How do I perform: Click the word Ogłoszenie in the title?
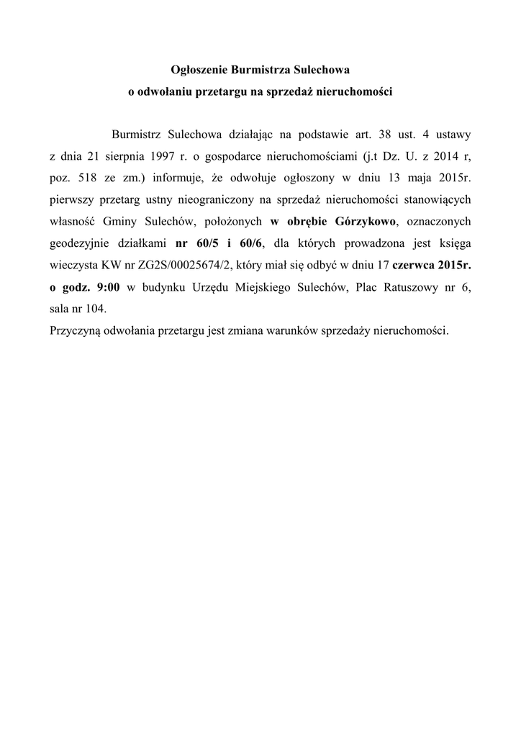(198, 71)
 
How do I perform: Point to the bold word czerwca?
(413, 264)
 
